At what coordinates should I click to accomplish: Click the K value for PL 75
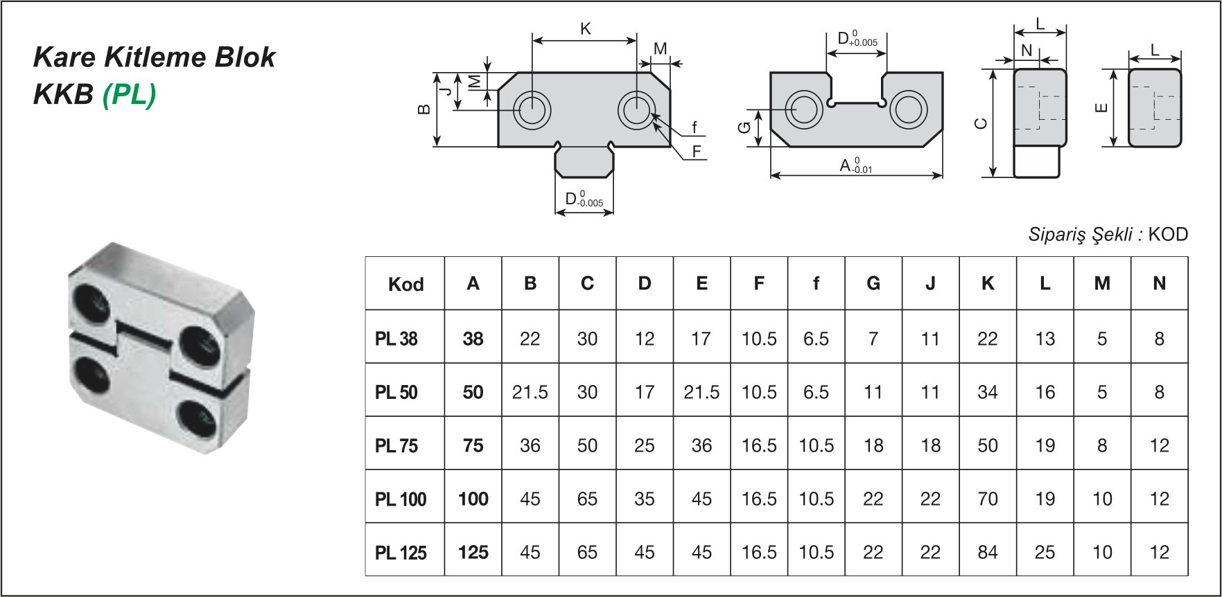[987, 445]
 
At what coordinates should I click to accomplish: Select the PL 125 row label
[401, 553]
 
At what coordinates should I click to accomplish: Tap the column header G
[873, 283]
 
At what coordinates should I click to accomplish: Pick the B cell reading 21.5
[530, 392]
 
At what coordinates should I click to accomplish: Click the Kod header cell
[405, 284]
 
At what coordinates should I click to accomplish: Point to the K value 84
[987, 552]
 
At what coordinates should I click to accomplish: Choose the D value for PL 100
[645, 499]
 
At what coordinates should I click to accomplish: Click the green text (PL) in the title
[129, 94]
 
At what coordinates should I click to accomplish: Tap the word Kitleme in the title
[155, 57]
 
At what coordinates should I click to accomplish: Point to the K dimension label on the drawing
[586, 29]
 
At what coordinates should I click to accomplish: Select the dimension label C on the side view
[980, 124]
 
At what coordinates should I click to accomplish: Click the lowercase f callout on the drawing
[695, 127]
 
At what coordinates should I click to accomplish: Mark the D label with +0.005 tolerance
[857, 39]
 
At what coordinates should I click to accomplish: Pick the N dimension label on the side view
[1027, 50]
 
